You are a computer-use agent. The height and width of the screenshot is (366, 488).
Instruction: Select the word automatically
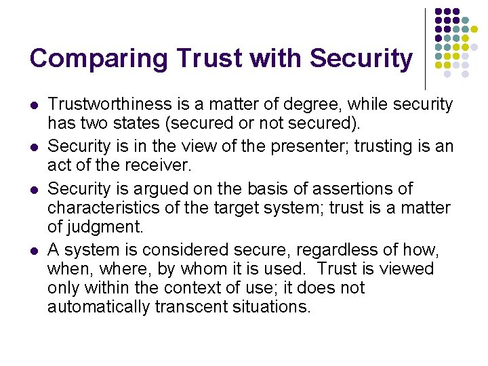click(98, 306)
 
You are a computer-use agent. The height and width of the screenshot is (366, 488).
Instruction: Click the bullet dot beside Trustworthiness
click(33, 106)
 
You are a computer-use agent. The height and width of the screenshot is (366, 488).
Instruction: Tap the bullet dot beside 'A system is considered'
click(33, 251)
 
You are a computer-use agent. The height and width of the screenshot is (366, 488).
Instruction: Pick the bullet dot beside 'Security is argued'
click(33, 189)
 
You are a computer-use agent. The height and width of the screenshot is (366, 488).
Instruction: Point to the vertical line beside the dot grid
click(425, 47)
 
